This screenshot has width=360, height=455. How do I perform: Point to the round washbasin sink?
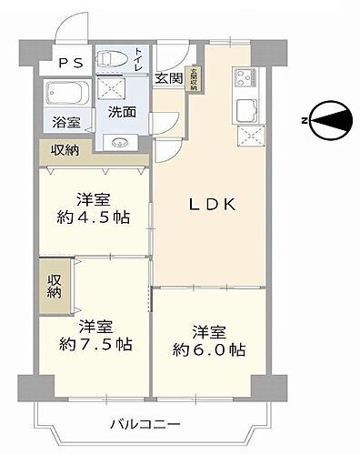pyautogui.click(x=119, y=142)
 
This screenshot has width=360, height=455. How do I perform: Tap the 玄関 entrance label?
pyautogui.click(x=168, y=78)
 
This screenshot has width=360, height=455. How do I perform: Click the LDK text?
pyautogui.click(x=212, y=205)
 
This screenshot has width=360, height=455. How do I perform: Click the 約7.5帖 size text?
pyautogui.click(x=95, y=345)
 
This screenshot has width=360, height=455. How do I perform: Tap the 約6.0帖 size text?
pyautogui.click(x=210, y=349)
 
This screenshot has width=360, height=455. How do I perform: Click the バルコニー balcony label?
pyautogui.click(x=146, y=424)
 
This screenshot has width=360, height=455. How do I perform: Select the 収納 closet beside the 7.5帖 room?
pyautogui.click(x=53, y=285)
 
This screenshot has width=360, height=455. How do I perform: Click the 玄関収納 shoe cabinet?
pyautogui.click(x=194, y=77)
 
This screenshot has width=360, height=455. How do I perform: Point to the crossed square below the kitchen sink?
pyautogui.click(x=248, y=136)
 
